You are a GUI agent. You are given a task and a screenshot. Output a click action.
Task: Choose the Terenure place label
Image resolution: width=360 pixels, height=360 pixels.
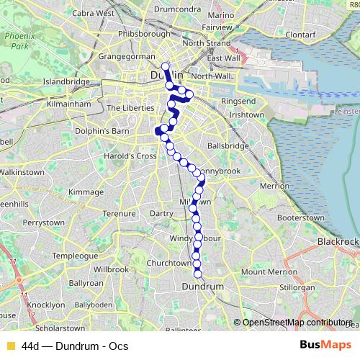[x=120, y=213]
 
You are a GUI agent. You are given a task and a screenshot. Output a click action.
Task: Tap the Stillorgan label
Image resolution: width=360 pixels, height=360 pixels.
[x=297, y=287]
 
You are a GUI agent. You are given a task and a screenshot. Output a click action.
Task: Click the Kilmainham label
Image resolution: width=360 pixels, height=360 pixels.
[x=71, y=104]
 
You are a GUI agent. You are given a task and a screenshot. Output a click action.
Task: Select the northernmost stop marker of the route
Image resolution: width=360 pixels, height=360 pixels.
[x=165, y=67]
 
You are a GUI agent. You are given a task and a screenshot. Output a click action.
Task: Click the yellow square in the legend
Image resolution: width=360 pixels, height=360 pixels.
[x=10, y=346]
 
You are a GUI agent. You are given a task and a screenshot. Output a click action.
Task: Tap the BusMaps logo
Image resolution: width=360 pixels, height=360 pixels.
[x=325, y=345]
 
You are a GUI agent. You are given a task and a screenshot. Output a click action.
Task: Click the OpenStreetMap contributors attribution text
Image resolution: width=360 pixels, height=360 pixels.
[x=297, y=323]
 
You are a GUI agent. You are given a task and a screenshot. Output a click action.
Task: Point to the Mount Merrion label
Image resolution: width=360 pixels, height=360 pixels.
[x=265, y=271]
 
